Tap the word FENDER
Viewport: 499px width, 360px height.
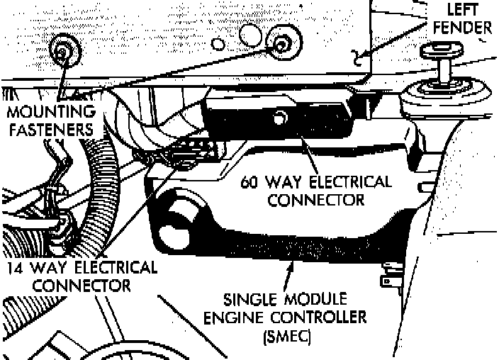pyautogui.click(x=462, y=28)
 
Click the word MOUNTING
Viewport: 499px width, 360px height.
pyautogui.click(x=51, y=112)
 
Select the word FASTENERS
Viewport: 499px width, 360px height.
pyautogui.click(x=51, y=130)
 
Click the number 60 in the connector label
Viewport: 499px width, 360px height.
pyautogui.click(x=249, y=182)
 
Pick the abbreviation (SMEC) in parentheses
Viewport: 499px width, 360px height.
pyautogui.click(x=287, y=336)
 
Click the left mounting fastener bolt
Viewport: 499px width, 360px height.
pyautogui.click(x=65, y=51)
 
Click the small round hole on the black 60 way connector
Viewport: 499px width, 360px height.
pyautogui.click(x=280, y=118)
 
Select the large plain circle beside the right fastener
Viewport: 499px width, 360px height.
pyautogui.click(x=250, y=35)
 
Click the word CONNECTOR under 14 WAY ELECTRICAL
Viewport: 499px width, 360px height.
pyautogui.click(x=81, y=286)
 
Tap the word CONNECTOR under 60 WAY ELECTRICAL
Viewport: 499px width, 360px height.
pyautogui.click(x=315, y=201)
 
